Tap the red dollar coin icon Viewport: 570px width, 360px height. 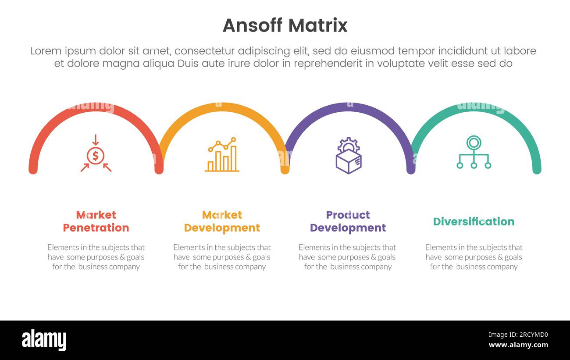pos(96,155)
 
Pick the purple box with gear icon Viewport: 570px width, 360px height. pos(348,156)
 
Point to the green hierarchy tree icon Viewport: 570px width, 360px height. pos(474,152)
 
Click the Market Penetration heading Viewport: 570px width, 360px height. pos(96,221)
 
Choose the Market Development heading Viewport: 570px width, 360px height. pos(222,221)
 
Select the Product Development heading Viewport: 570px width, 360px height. pos(348,221)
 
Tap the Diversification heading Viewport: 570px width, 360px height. pos(474,221)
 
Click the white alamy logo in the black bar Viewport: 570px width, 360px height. pos(44,340)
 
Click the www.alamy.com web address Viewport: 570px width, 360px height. pos(518,345)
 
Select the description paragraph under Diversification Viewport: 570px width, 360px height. pos(474,257)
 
